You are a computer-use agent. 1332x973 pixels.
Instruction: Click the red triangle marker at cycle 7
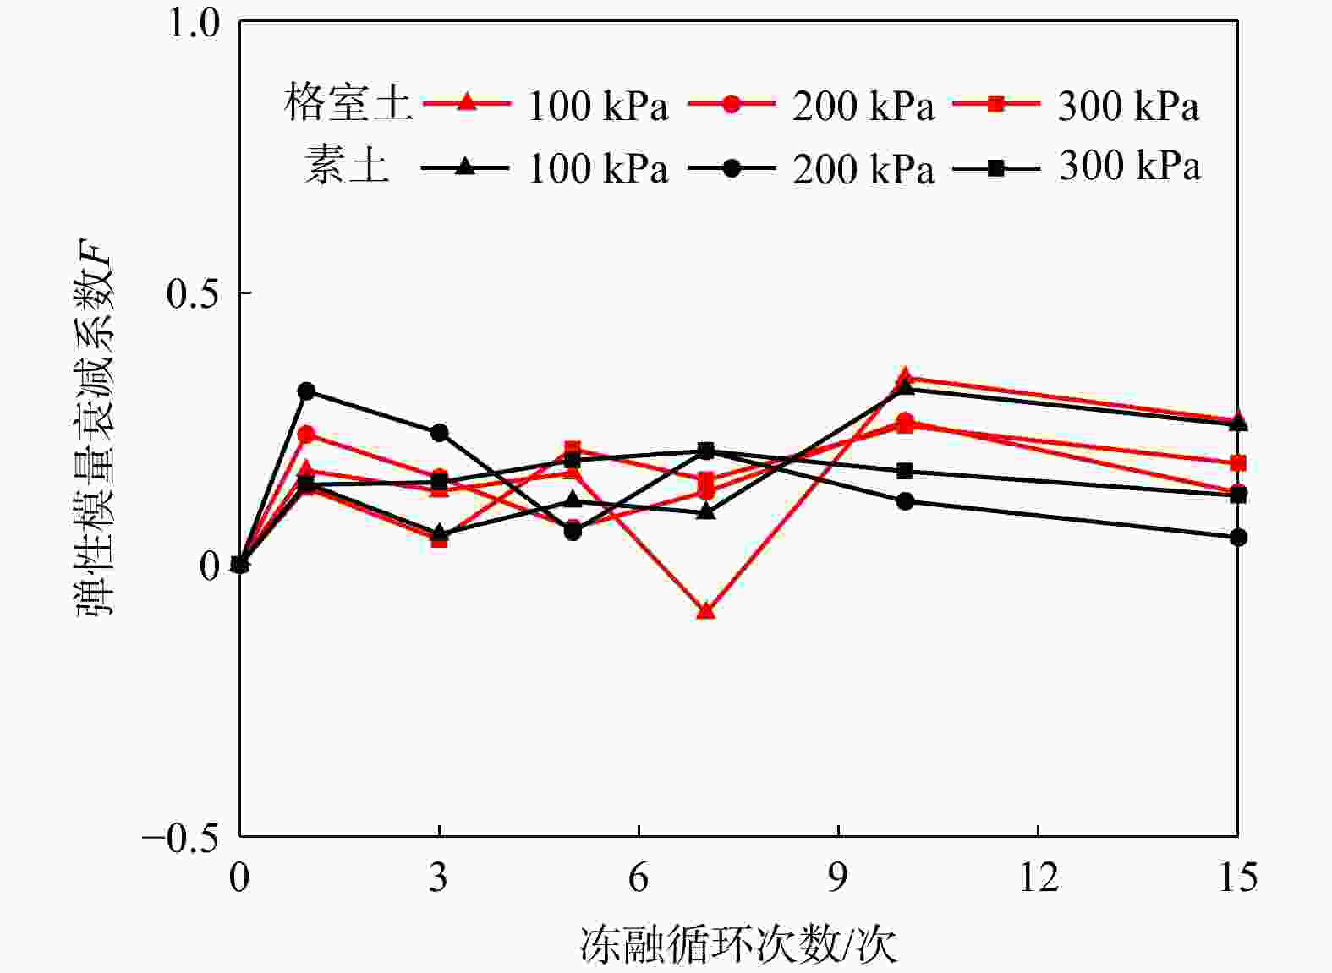tap(705, 610)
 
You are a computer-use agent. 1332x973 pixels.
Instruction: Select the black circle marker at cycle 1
tap(306, 391)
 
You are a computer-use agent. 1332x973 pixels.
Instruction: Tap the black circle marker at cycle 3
tap(439, 433)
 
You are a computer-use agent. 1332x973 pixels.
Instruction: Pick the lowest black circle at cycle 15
tap(1237, 538)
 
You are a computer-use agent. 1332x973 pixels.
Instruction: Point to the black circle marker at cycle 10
tap(905, 501)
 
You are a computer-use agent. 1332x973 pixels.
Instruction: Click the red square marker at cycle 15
tap(1237, 463)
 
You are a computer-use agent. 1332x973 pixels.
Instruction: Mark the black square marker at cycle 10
tap(905, 471)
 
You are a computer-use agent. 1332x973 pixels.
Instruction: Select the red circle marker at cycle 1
tap(306, 435)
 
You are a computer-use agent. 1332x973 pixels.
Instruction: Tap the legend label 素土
tap(348, 166)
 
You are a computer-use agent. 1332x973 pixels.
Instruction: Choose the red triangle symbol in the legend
tap(466, 103)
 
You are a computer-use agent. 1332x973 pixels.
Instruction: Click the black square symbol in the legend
tap(997, 167)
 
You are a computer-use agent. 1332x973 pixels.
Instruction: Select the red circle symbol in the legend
tap(732, 104)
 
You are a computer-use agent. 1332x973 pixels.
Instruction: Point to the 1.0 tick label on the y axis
tap(194, 23)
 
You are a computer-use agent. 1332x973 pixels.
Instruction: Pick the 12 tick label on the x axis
tap(1038, 878)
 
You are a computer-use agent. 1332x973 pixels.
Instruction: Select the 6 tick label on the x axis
tap(639, 878)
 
